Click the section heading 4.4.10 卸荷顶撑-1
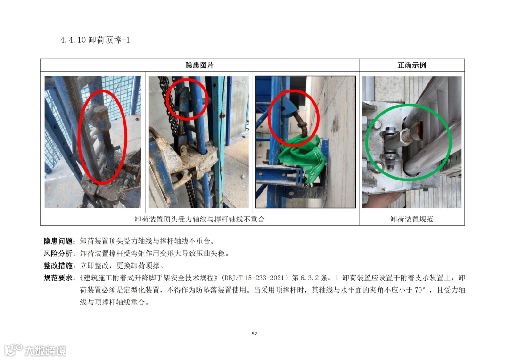(95, 40)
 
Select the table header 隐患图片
(199, 65)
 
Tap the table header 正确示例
(411, 65)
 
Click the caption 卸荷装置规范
(411, 220)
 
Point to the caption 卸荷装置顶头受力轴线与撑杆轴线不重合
(200, 220)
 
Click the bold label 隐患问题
(58, 241)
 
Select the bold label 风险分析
(58, 254)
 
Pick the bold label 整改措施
(58, 266)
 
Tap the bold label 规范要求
(58, 278)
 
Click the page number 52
(254, 334)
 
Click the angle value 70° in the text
(420, 290)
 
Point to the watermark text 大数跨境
(45, 351)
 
